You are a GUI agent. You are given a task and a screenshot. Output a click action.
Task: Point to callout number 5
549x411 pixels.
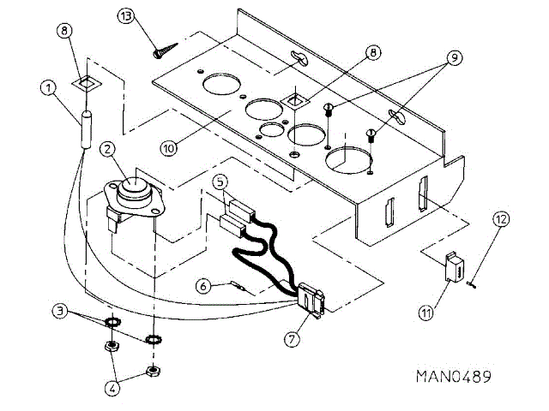coord(220,182)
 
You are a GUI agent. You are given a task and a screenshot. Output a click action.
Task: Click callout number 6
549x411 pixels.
coord(202,286)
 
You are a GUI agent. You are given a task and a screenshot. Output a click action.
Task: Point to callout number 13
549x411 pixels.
coord(127,17)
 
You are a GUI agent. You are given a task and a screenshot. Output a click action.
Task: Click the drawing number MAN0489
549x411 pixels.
coord(454,376)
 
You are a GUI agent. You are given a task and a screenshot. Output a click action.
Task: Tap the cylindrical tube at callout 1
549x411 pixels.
coord(86,129)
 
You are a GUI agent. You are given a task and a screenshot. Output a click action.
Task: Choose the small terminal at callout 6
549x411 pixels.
coord(238,287)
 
